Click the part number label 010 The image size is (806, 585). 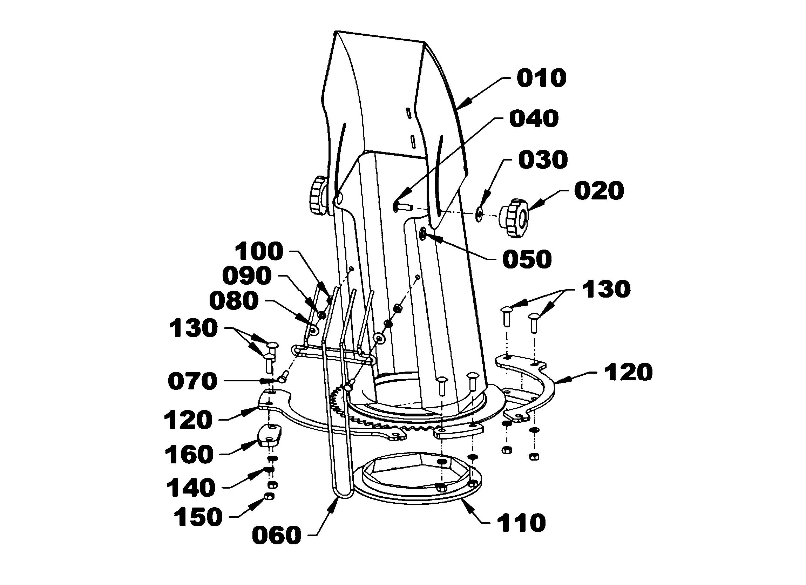541,79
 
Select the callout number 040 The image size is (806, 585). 534,119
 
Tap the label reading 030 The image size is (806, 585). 543,160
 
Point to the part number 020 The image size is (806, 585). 599,191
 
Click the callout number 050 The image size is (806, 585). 527,259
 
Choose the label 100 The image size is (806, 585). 259,252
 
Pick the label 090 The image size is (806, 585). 247,276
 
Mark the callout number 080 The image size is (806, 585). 234,301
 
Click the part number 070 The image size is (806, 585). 192,381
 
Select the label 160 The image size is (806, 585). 189,455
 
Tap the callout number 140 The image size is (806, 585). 191,488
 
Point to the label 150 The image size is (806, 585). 198,517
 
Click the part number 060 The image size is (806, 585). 277,535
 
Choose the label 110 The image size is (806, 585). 521,523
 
